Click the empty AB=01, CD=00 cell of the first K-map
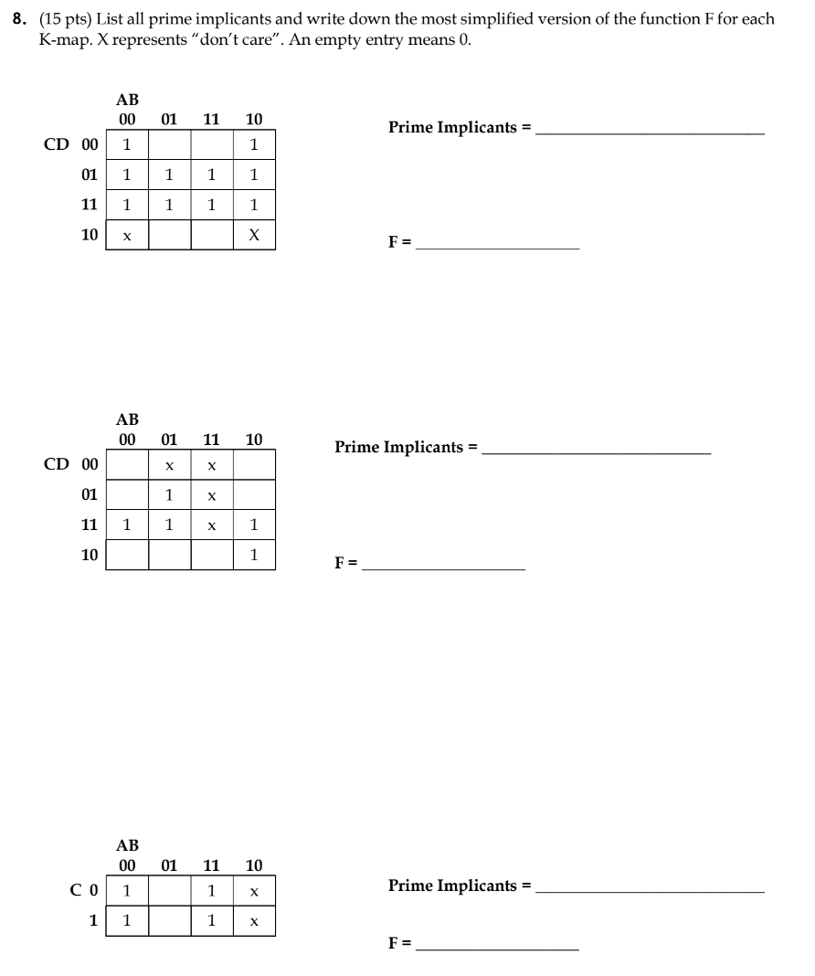coord(169,144)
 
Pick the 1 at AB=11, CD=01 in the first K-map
coord(211,175)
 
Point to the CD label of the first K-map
coord(57,144)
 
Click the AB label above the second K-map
coord(127,419)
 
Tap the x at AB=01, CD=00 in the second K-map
coord(169,465)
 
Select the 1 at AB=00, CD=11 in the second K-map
coord(127,525)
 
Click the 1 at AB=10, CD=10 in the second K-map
coord(254,555)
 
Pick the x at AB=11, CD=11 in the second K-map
coord(211,525)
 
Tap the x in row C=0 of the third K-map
coord(254,890)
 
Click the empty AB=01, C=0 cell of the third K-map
coord(169,890)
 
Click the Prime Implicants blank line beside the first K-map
coord(650,133)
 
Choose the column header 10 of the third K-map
coord(254,865)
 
